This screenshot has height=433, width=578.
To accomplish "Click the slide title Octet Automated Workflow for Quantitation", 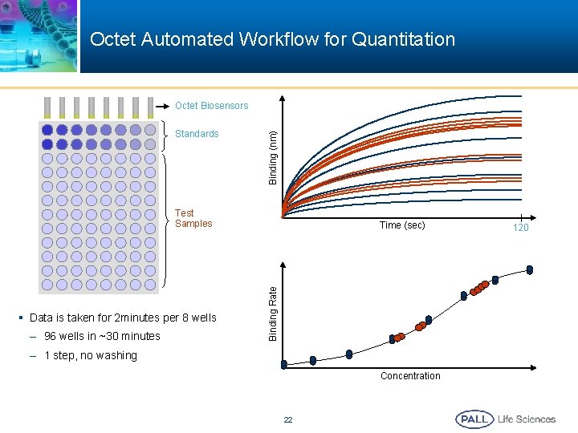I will pyautogui.click(x=272, y=39).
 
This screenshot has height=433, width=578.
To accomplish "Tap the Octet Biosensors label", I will pyautogui.click(x=212, y=106).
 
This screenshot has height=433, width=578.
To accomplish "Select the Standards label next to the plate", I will pyautogui.click(x=197, y=134).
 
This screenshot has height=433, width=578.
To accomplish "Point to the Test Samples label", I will pyautogui.click(x=193, y=218).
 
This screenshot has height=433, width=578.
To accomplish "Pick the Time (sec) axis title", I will pyautogui.click(x=402, y=225).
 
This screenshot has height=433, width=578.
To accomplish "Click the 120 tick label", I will pyautogui.click(x=521, y=229).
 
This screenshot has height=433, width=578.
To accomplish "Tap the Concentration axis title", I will pyautogui.click(x=410, y=376).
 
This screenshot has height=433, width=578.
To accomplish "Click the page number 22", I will pyautogui.click(x=288, y=420).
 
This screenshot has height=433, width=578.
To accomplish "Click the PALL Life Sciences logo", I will pyautogui.click(x=505, y=419).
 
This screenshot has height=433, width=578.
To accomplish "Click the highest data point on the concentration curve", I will pyautogui.click(x=529, y=269).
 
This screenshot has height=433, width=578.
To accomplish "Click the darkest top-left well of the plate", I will pyautogui.click(x=47, y=129).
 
